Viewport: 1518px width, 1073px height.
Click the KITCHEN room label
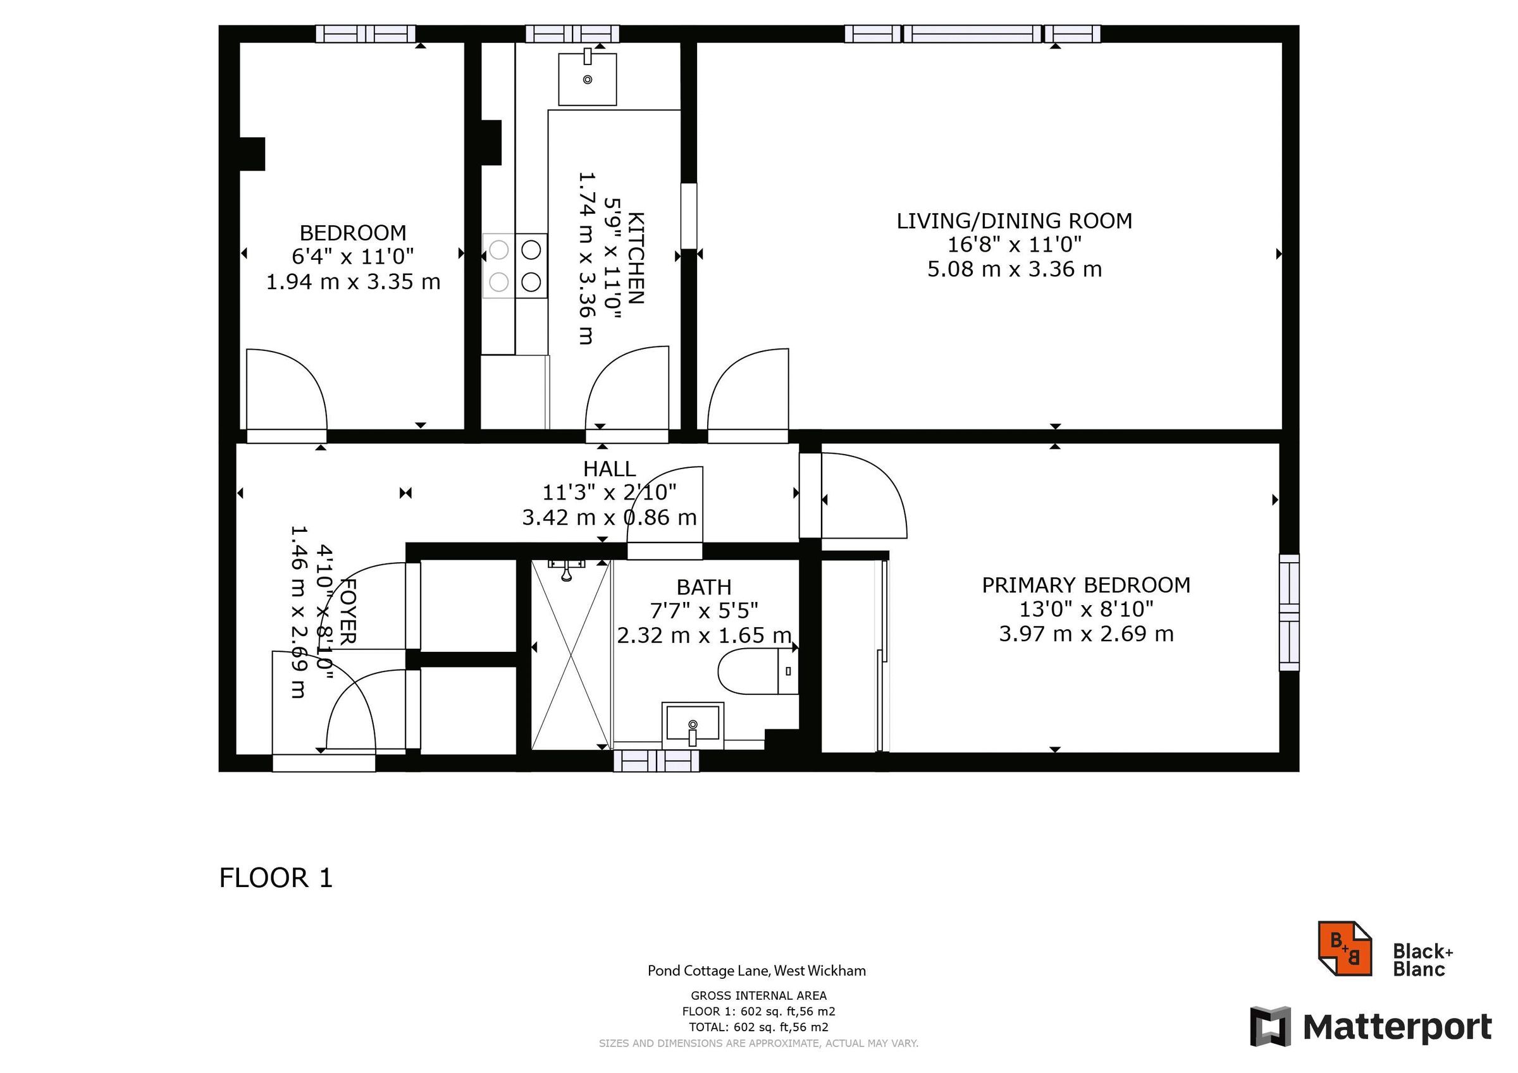tap(636, 258)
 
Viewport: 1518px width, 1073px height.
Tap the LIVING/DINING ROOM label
tap(1014, 221)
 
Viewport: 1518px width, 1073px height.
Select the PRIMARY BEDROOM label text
tap(1085, 585)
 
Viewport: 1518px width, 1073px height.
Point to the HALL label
tap(609, 469)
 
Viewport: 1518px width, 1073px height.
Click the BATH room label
tap(703, 587)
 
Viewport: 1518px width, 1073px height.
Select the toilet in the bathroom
tap(758, 671)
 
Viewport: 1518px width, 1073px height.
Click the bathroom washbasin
tap(692, 725)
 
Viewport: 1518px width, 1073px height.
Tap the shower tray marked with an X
tap(571, 655)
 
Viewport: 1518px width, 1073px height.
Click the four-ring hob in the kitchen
tap(515, 266)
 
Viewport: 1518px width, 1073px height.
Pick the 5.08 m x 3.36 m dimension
tap(1014, 270)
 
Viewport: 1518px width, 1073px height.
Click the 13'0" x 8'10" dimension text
tap(1085, 610)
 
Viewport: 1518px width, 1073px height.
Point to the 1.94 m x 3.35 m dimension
tap(353, 282)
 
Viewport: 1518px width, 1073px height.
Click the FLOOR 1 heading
tap(276, 878)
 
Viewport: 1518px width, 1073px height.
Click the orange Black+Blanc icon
tap(1345, 948)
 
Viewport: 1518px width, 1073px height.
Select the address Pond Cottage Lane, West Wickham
tap(756, 971)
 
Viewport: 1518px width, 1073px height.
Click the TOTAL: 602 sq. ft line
tap(758, 1027)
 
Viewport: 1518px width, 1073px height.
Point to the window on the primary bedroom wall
tap(1289, 613)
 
